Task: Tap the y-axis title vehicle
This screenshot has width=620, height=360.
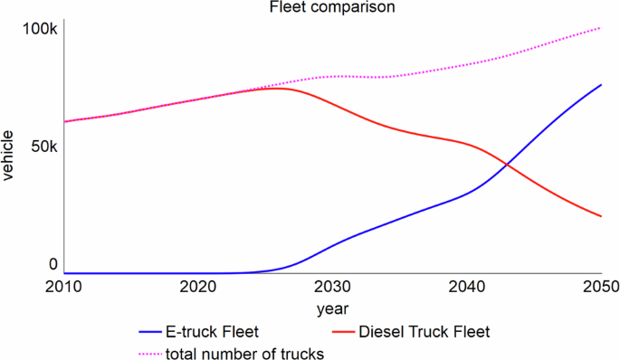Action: (x=8, y=155)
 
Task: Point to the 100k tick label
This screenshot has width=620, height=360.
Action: (x=40, y=29)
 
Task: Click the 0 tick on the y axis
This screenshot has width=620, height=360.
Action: (x=52, y=264)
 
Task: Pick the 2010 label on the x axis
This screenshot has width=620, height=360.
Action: (x=64, y=288)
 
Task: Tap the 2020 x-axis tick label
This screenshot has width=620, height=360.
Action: (x=198, y=288)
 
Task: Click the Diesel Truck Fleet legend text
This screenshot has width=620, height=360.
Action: (x=424, y=332)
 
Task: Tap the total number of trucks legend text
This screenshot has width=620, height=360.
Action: (x=243, y=353)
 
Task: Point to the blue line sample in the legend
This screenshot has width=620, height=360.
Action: (x=150, y=332)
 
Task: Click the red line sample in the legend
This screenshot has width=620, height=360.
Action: (x=338, y=332)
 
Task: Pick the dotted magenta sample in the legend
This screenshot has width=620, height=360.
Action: (x=150, y=353)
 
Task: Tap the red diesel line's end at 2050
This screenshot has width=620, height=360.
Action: (x=602, y=217)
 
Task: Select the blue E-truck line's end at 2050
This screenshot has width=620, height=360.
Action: (x=602, y=85)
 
